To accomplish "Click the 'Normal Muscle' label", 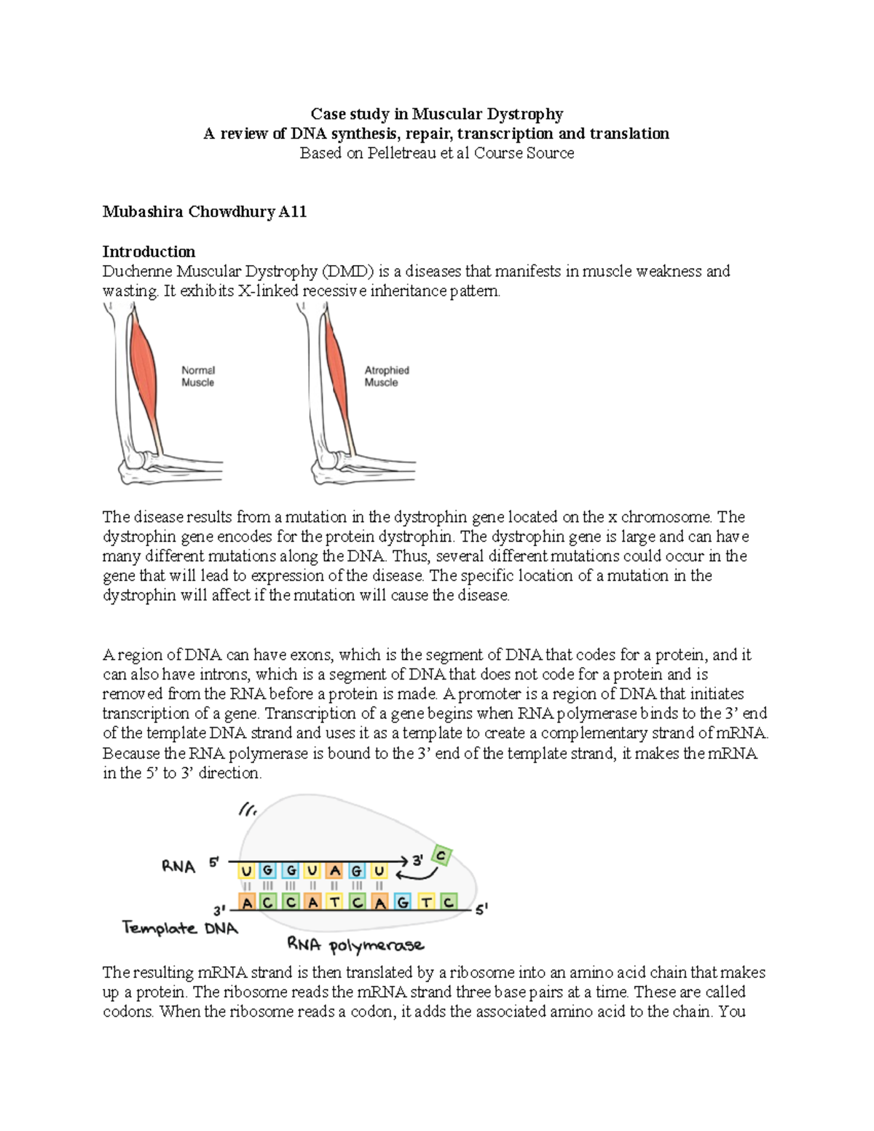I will point(198,377).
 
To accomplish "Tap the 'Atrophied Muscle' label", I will point(387,377).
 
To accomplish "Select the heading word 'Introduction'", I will point(149,252).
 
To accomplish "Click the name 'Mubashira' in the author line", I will point(143,212).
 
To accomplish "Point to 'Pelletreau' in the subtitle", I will point(404,154).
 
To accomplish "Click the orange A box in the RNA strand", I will point(335,871).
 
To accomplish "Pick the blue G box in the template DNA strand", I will point(403,903).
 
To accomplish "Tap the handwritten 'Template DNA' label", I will point(180,929).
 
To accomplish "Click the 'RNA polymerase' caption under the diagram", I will point(355,945).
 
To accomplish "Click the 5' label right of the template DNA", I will point(481,909).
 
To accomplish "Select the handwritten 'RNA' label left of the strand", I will point(178,867).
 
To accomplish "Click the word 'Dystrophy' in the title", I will point(524,114).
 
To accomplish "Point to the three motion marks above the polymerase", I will point(247,809).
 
